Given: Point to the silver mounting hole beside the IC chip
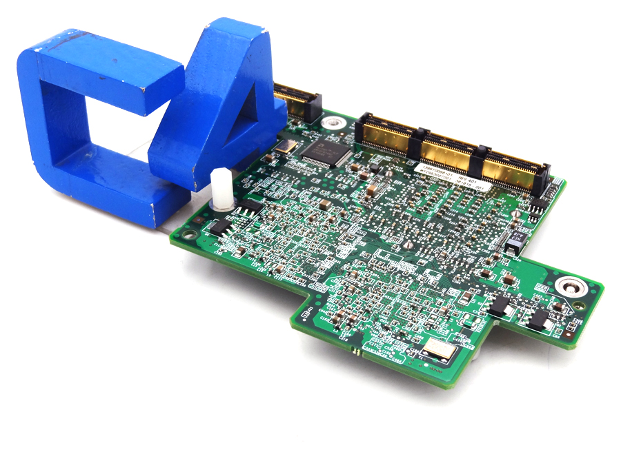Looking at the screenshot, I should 335,123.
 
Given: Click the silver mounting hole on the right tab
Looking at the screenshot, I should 569,285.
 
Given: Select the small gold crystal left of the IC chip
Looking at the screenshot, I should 284,145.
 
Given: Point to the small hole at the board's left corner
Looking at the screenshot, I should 190,235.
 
